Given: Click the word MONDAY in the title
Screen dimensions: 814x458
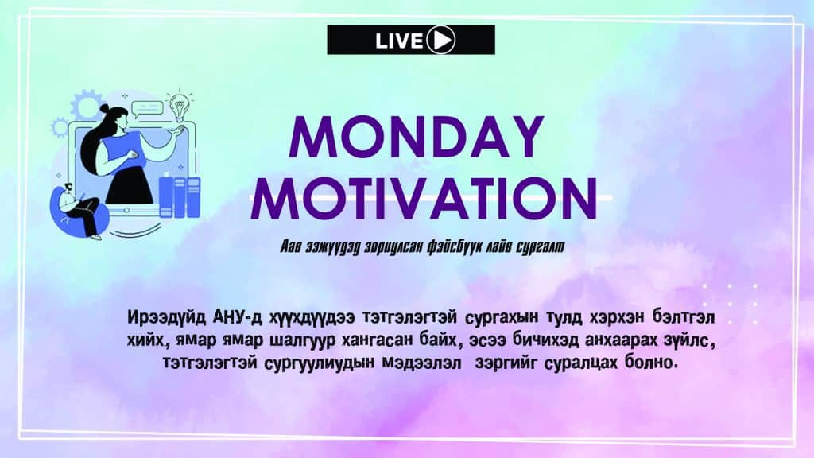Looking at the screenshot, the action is click(417, 137).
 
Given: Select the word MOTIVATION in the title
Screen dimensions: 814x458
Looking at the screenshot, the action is click(424, 198).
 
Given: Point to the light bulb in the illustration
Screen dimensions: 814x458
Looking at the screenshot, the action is click(180, 107).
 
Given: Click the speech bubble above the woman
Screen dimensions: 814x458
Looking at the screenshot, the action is click(147, 108).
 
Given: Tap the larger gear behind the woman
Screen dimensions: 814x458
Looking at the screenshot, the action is click(86, 105).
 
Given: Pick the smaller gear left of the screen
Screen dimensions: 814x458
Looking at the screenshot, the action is click(60, 127).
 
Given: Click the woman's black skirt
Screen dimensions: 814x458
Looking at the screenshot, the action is click(130, 188).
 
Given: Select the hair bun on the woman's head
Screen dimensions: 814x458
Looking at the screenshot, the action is click(104, 108).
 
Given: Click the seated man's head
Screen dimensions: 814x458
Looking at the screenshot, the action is click(68, 188).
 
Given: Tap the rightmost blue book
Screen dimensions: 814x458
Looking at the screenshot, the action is click(193, 197).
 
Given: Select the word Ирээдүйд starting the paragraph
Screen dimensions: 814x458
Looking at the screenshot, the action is click(167, 316).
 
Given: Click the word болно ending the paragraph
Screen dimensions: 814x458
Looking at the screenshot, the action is click(652, 362).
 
